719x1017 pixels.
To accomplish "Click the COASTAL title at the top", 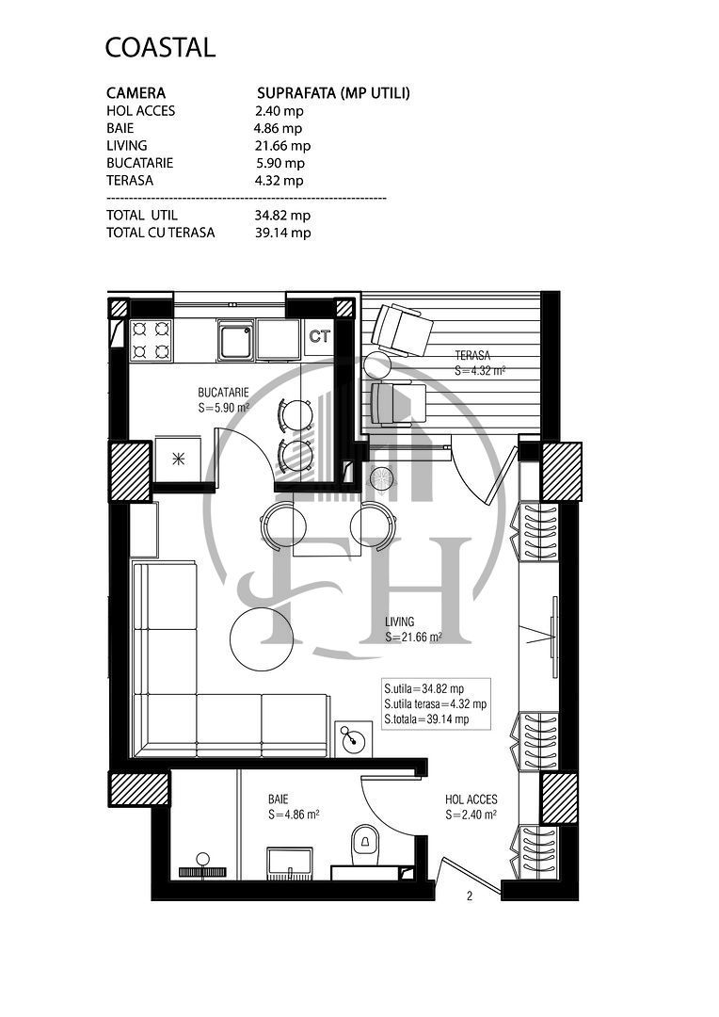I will pos(160,47).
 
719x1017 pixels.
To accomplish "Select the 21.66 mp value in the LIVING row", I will pos(282,146).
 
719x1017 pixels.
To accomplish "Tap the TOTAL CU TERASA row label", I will pos(160,233).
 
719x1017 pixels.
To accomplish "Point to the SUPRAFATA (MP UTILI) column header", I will pos(333,93).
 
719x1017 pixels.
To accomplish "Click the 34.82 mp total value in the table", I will pos(282,216).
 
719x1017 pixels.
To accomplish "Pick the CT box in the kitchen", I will pos(320,337).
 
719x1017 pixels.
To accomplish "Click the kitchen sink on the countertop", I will pos(235,339).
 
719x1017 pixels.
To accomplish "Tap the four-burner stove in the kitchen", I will pos(151,340).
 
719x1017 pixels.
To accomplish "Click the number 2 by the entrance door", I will pos(469,896).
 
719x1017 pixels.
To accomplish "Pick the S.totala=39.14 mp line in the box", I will pos(425,719).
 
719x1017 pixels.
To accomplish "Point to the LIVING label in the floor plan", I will pos(400,622).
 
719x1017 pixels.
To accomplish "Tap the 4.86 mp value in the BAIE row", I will pos(278,128).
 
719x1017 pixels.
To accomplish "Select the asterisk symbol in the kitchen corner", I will pos(178,460).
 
